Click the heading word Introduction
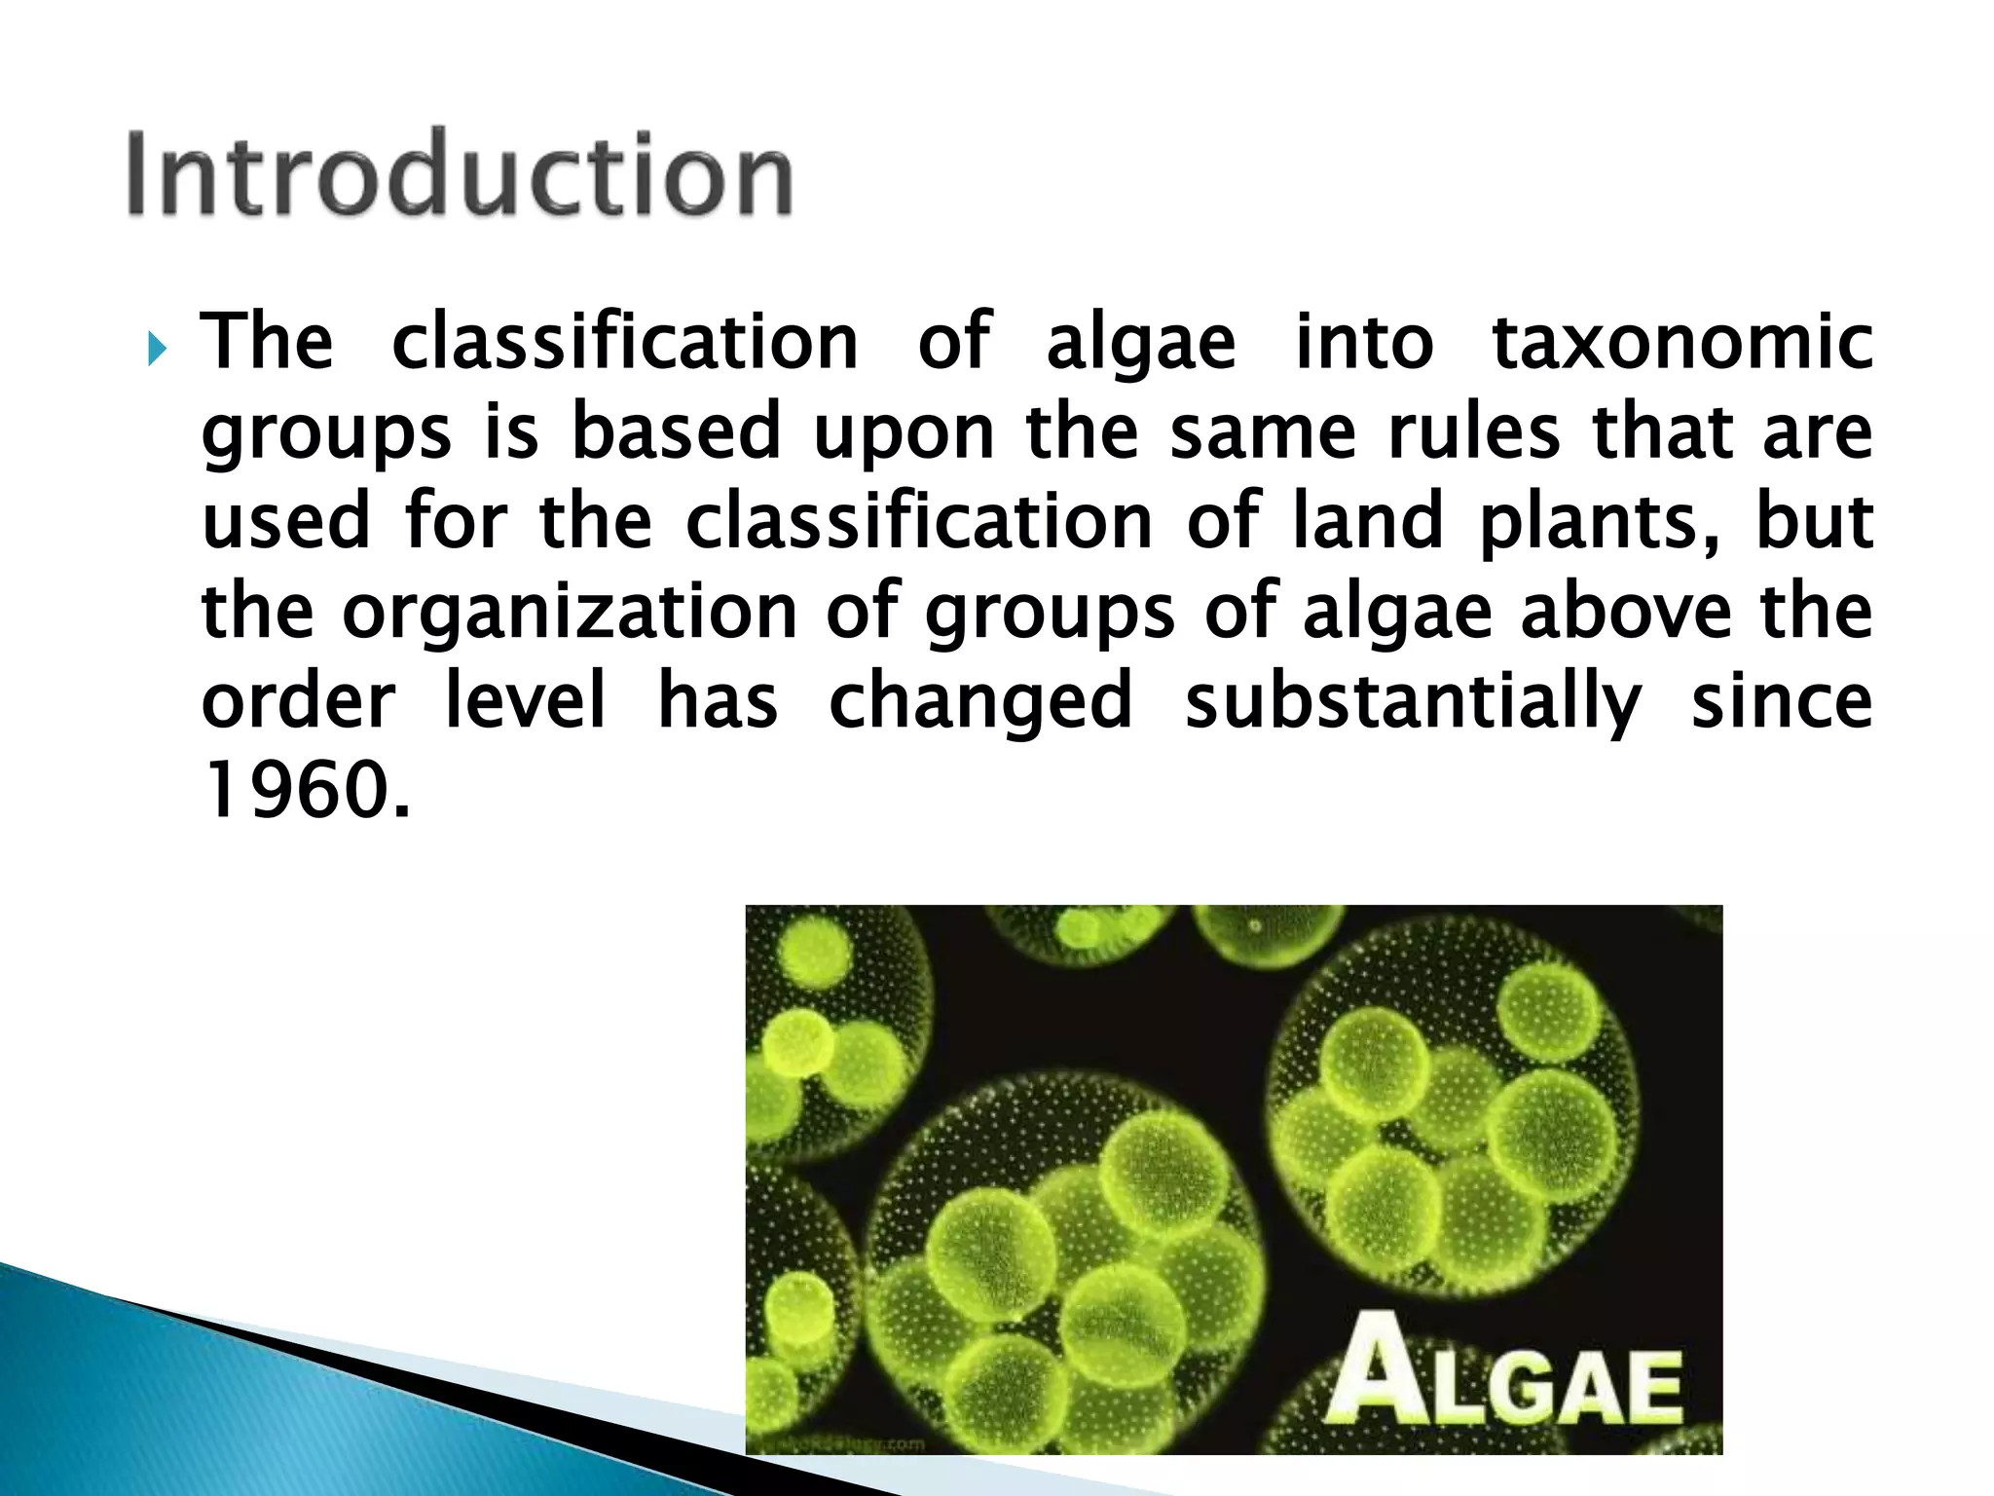[460, 173]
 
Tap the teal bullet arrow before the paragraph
[158, 347]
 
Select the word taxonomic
[1682, 343]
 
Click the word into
[1364, 343]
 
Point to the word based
[676, 431]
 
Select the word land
[1368, 521]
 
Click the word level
[526, 701]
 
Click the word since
[1782, 701]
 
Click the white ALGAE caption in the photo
[1505, 1379]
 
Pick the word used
[286, 521]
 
